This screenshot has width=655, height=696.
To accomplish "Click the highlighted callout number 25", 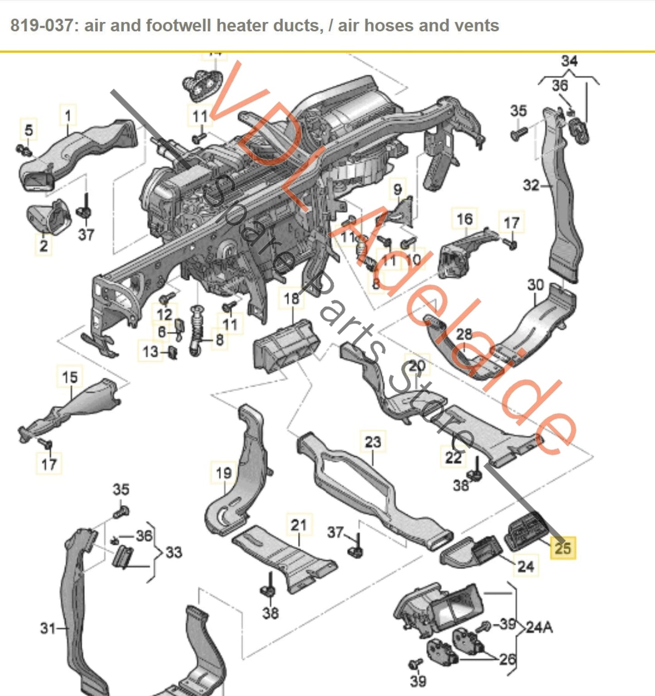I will click(563, 548).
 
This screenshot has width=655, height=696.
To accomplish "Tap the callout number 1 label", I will click(68, 116).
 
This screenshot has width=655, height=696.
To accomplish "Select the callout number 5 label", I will click(29, 130).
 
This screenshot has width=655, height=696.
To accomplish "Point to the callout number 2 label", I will click(44, 245).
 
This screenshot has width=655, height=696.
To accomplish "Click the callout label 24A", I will click(539, 628).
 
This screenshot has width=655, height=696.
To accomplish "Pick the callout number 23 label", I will click(373, 442).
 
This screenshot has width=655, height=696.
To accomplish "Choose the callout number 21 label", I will click(299, 525).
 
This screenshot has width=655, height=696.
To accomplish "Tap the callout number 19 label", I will click(223, 473).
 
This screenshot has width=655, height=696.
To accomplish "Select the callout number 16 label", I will click(465, 219).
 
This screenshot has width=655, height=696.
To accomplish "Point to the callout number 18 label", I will click(291, 298).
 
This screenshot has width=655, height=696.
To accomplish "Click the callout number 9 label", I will click(398, 189).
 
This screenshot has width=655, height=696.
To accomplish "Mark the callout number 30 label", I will click(535, 285).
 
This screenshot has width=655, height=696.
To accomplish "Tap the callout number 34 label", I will click(569, 61).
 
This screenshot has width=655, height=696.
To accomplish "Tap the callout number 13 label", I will click(150, 351).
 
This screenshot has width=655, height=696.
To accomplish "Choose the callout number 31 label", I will click(48, 628).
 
